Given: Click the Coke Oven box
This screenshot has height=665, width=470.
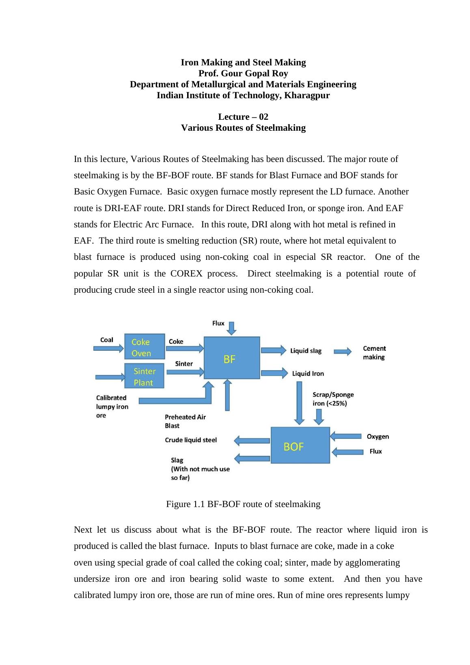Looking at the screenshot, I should [x=144, y=347].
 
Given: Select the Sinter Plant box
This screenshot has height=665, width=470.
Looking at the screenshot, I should [x=144, y=376].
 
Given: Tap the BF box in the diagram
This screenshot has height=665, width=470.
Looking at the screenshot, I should [x=232, y=358].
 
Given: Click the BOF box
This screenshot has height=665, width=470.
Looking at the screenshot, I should [x=300, y=445].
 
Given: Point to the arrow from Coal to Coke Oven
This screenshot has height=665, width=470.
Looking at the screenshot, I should [x=108, y=348].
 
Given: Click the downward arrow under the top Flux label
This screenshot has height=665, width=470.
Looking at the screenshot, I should [x=231, y=328].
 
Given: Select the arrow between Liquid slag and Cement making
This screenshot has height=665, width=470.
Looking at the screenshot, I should [x=343, y=352].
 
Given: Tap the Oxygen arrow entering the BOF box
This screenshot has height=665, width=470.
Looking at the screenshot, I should [x=346, y=436].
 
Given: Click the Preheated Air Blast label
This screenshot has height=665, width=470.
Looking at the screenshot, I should [x=185, y=421].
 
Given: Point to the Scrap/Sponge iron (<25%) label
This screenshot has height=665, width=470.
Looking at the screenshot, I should [x=333, y=399].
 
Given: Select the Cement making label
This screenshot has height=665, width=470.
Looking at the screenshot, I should [x=374, y=352].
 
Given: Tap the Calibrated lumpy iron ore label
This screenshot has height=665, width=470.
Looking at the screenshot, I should [x=112, y=406].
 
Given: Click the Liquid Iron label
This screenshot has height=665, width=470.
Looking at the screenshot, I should [x=308, y=374].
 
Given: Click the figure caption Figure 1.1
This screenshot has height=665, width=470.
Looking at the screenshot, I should [x=243, y=504].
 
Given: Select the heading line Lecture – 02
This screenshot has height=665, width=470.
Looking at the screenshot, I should [x=243, y=117].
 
